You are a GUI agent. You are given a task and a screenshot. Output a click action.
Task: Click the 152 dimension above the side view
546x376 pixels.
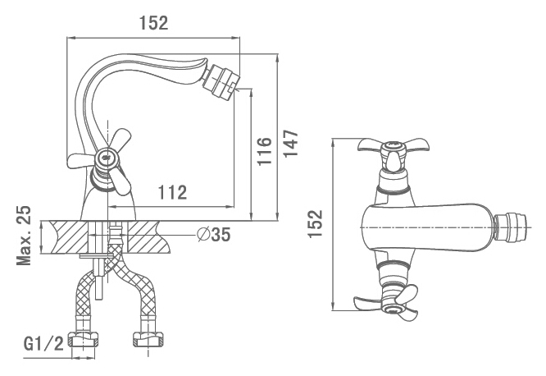point(153,23)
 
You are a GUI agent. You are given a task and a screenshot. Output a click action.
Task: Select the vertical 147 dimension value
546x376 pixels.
point(291,144)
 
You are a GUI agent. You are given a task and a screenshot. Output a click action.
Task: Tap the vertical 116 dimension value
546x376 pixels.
point(265,151)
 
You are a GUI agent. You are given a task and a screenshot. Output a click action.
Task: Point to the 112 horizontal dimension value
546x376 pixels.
point(173,192)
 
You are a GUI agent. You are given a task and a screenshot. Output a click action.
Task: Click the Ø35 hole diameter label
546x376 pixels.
point(213,235)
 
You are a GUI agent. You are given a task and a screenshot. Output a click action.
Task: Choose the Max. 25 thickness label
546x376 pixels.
point(24,236)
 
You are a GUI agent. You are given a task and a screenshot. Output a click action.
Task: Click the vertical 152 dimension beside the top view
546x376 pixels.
point(316,223)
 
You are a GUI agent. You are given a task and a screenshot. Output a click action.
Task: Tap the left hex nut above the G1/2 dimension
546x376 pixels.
point(83,339)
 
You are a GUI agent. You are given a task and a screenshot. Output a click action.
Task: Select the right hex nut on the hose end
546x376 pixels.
point(148,339)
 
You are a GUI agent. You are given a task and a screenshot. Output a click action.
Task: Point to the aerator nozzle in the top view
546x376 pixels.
point(510,227)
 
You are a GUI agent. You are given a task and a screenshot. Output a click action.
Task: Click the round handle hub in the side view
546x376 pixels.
point(105,158)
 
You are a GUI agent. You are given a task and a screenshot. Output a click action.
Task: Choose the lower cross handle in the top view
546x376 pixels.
point(389,302)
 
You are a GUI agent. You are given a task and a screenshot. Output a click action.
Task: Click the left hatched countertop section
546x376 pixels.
point(69,237)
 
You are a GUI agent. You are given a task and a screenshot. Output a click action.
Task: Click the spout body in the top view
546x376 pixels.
point(428,227)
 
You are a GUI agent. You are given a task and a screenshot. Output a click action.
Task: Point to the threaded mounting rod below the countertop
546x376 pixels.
point(99,279)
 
